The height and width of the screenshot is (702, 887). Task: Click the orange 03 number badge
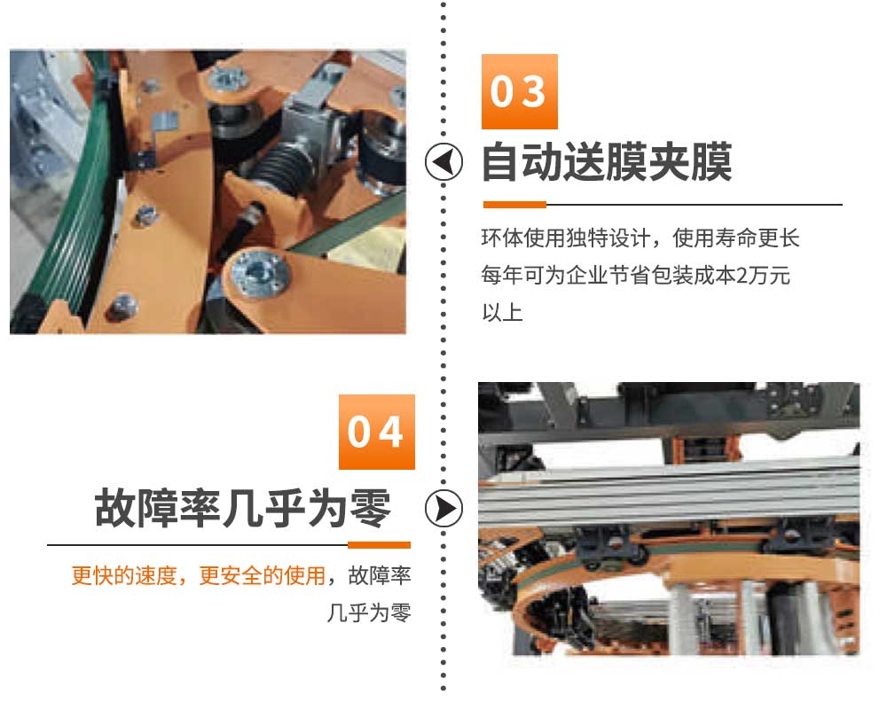pyautogui.click(x=519, y=91)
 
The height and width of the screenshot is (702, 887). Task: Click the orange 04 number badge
pyautogui.click(x=377, y=432)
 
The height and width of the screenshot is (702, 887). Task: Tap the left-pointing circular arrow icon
pyautogui.click(x=443, y=162)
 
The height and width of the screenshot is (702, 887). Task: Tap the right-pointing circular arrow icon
pyautogui.click(x=443, y=508)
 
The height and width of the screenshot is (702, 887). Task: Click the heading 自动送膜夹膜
pyautogui.click(x=607, y=162)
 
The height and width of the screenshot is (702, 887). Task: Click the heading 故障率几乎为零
pyautogui.click(x=243, y=508)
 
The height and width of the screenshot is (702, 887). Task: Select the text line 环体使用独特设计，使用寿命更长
pyautogui.click(x=640, y=238)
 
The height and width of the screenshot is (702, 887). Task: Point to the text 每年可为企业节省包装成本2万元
pyautogui.click(x=636, y=276)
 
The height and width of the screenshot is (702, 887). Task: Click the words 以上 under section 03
pyautogui.click(x=502, y=312)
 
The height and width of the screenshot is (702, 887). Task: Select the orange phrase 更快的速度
pyautogui.click(x=124, y=575)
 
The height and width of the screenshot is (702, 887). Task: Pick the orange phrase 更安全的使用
pyautogui.click(x=263, y=575)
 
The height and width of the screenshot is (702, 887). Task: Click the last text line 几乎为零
pyautogui.click(x=369, y=612)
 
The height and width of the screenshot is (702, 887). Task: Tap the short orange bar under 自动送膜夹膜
pyautogui.click(x=514, y=205)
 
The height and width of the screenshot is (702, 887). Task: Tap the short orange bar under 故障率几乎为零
pyautogui.click(x=379, y=545)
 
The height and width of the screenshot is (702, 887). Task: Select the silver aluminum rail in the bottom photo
pyautogui.click(x=669, y=491)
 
